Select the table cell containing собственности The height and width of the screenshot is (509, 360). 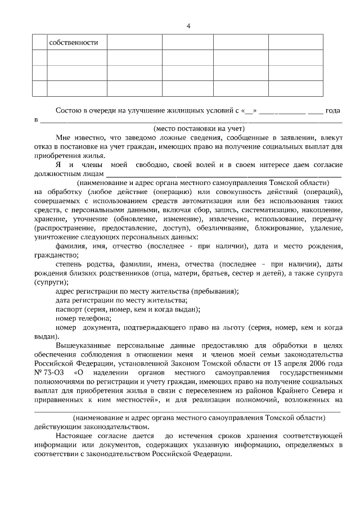(x=76, y=43)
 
